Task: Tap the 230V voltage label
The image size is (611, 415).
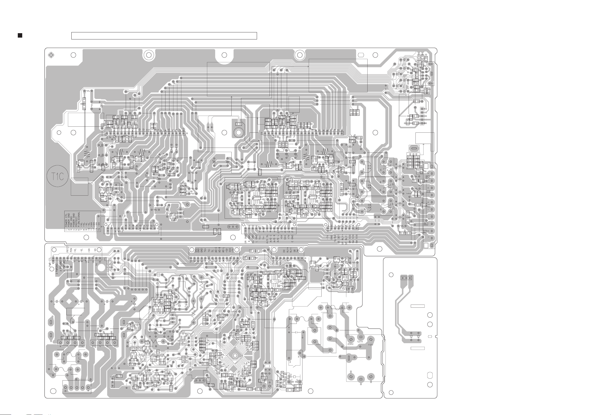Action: click(x=350, y=344)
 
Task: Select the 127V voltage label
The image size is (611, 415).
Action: click(x=360, y=342)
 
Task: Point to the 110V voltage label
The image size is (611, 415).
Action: click(x=370, y=344)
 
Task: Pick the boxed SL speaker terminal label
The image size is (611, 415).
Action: click(x=426, y=224)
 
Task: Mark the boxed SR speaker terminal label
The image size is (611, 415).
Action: click(x=425, y=231)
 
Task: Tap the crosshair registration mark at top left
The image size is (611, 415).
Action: click(x=51, y=55)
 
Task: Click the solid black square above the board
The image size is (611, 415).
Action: click(x=20, y=36)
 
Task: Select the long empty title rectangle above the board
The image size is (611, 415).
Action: click(x=164, y=36)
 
